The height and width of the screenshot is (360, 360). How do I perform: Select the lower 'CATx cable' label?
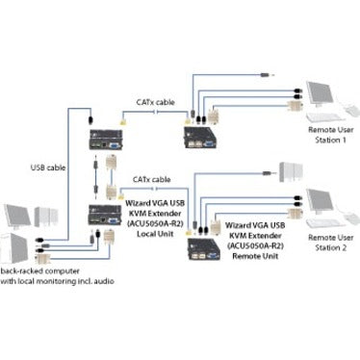coord(146,178)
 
